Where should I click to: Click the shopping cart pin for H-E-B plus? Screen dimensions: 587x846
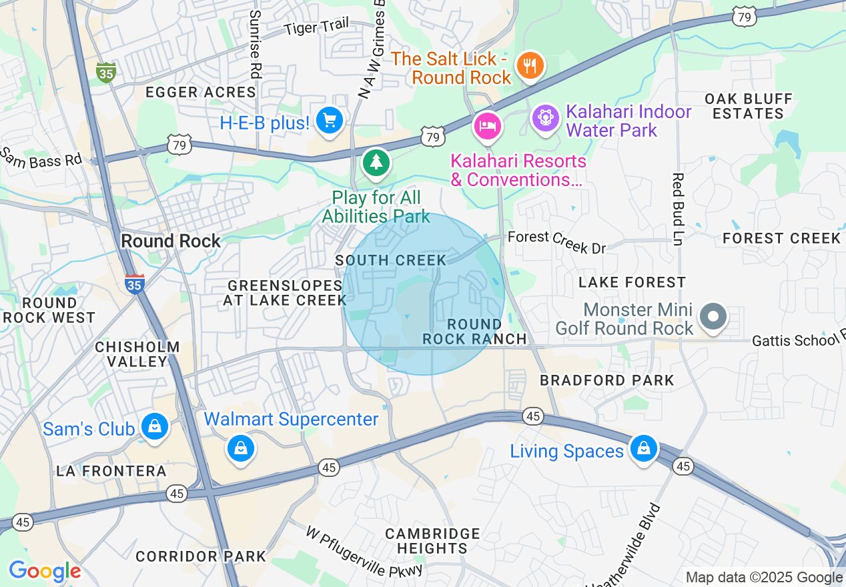click(329, 121)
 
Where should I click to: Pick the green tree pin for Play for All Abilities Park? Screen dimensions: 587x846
click(376, 162)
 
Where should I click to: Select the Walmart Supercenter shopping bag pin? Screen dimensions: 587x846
click(241, 448)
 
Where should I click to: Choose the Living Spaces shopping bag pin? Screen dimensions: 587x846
click(643, 448)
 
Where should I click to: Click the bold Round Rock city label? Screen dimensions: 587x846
click(171, 241)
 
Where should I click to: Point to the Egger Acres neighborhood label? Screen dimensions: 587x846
click(201, 93)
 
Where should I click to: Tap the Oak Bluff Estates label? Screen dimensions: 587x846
click(749, 106)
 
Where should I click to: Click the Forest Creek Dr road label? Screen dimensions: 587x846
click(556, 241)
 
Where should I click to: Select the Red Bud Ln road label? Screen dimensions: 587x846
click(678, 209)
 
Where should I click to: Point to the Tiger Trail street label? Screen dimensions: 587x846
click(316, 27)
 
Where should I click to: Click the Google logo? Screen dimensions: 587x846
click(45, 572)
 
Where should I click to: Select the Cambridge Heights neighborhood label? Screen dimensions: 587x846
click(432, 541)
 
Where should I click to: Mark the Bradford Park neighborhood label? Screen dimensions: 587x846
click(607, 380)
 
